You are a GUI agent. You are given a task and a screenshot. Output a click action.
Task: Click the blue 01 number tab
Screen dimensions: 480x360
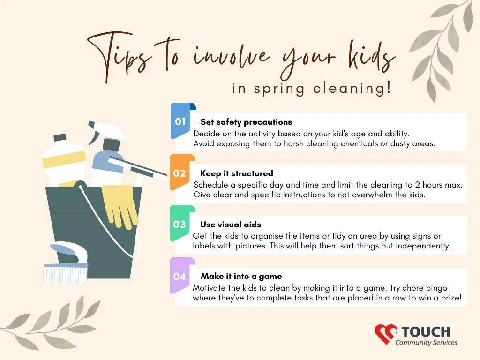[x=181, y=121]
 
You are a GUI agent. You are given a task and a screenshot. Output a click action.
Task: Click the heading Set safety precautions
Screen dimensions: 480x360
[x=246, y=122]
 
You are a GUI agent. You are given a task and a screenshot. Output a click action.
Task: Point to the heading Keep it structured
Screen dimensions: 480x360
[x=237, y=173]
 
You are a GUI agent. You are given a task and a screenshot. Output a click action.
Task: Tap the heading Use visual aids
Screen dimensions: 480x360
[x=231, y=225]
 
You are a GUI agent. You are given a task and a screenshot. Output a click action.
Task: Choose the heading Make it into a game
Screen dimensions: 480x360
[x=241, y=277]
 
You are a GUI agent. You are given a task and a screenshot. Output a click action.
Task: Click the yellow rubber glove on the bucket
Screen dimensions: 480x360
[x=120, y=206]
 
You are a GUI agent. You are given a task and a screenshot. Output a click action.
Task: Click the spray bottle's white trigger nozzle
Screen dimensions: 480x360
[x=107, y=132]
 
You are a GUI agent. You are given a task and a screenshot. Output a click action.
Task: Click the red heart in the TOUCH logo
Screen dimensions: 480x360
[x=385, y=334]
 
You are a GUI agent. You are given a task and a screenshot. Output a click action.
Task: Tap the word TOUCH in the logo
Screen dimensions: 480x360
[x=426, y=332]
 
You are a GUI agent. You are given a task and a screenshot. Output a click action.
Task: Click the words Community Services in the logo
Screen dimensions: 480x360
[x=426, y=343]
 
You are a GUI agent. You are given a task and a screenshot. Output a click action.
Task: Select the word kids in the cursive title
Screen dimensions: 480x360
[x=372, y=57]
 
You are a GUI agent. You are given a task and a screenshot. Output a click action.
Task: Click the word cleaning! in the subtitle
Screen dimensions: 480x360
[x=352, y=89]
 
